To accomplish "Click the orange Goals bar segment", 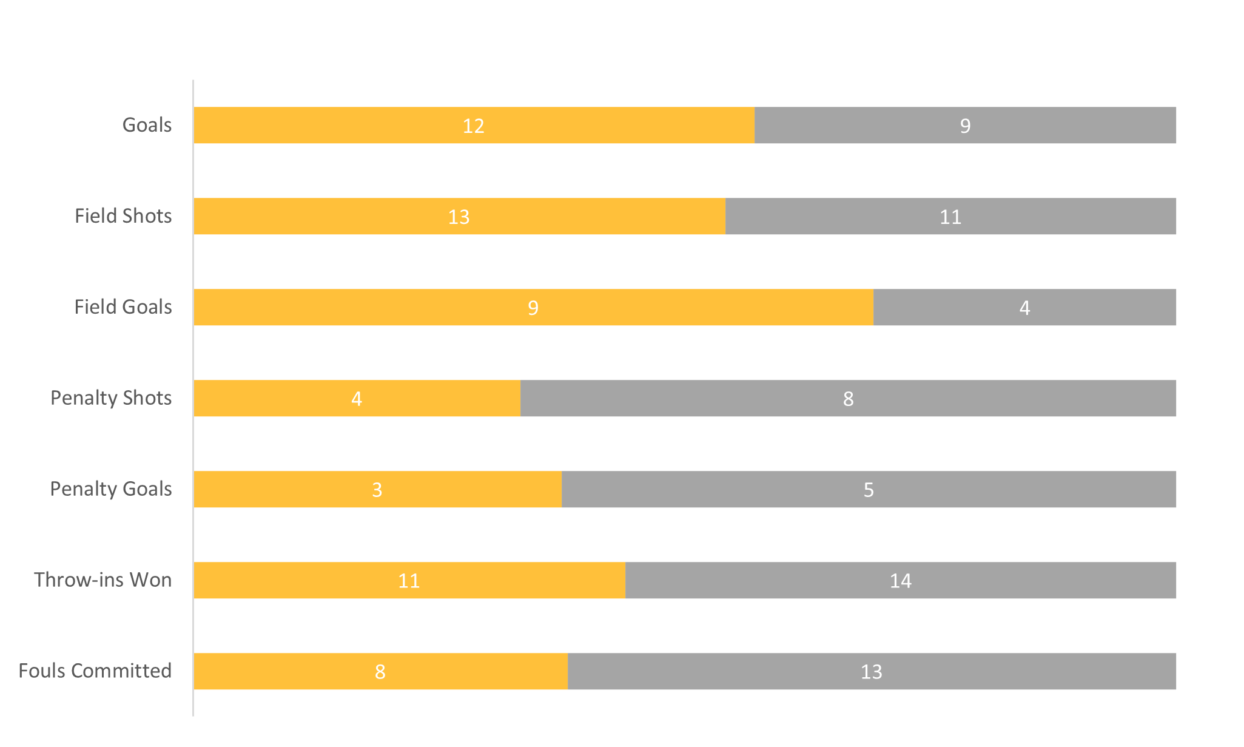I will tap(364, 126).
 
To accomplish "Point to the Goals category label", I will tap(147, 125).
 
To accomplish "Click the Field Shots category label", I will tap(123, 216).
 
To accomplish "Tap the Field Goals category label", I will tap(123, 307).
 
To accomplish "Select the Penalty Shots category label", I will tap(111, 398).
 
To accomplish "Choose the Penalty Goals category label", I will tap(111, 489).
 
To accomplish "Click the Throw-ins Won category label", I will tap(103, 580).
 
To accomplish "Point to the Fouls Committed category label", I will tap(95, 671).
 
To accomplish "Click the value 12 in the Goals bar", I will tap(474, 126).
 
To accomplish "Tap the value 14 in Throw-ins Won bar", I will tap(901, 581).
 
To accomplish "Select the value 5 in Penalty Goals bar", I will tap(869, 490).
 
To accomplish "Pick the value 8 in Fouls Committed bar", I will tap(380, 672).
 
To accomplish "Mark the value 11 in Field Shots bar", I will tap(950, 217).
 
